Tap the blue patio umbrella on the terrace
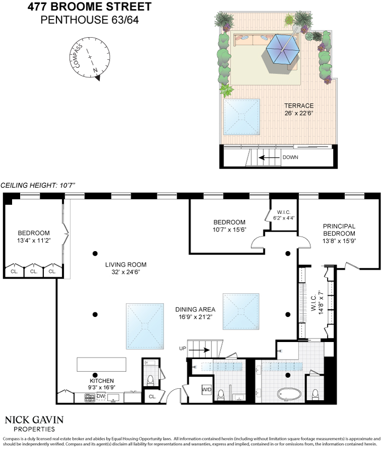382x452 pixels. (282, 49)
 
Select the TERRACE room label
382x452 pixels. (299, 106)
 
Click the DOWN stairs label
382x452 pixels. (290, 157)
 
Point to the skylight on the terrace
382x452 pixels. (242, 117)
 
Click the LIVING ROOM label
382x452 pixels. (126, 265)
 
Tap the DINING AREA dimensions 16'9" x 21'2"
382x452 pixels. (195, 317)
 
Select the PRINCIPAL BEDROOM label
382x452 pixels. (339, 230)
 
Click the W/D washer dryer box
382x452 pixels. (207, 389)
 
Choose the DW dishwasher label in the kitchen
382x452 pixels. (101, 396)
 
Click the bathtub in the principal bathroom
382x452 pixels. (289, 394)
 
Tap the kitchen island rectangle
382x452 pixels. (102, 365)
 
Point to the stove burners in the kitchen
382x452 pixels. (90, 398)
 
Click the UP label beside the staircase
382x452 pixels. (183, 348)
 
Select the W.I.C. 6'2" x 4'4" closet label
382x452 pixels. (284, 215)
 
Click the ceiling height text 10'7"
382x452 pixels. (67, 185)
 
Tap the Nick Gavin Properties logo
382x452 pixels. (34, 424)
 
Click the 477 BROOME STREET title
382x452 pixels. (90, 7)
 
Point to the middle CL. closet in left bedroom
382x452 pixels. (34, 271)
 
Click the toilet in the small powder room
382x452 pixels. (150, 380)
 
